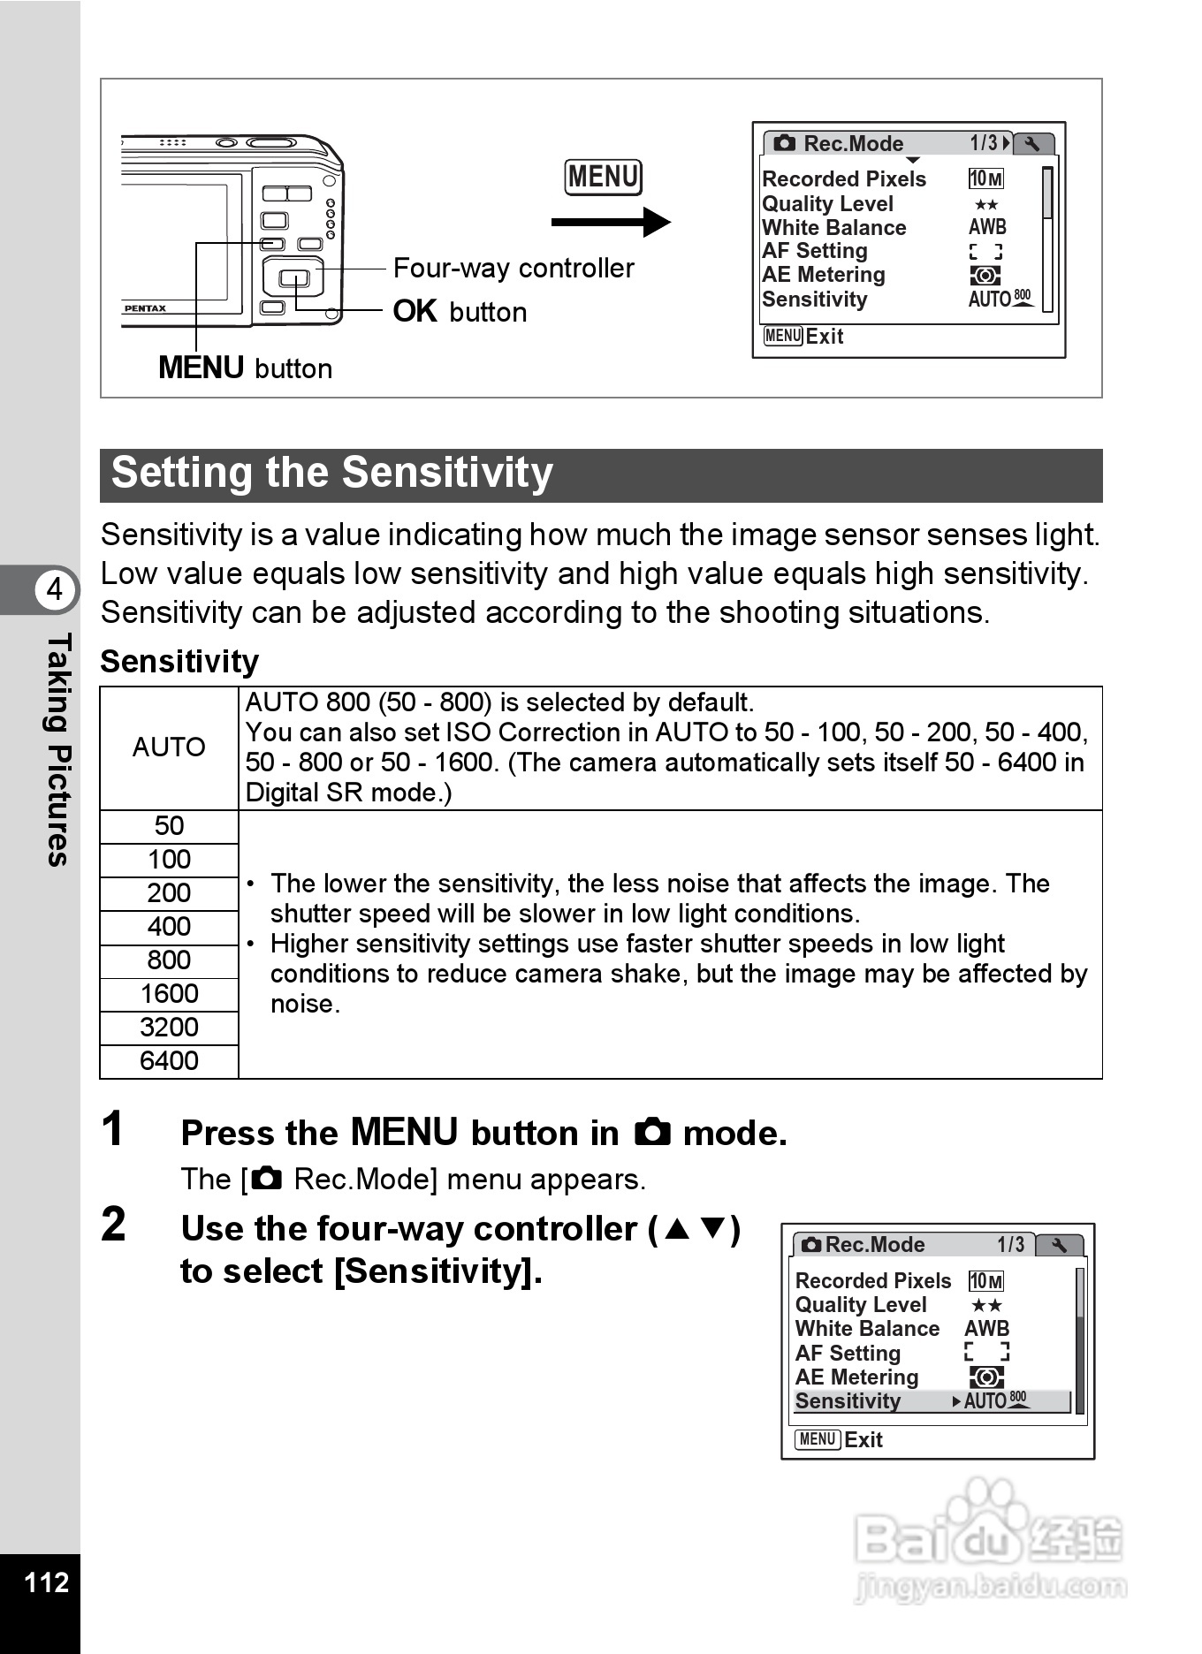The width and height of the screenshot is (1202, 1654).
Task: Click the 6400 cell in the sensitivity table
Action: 169,1061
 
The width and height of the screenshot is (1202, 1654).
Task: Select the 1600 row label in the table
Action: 169,994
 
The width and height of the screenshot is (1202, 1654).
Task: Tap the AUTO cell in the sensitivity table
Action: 169,747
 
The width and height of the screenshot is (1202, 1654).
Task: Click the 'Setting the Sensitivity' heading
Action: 332,474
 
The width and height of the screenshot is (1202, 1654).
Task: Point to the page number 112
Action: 46,1582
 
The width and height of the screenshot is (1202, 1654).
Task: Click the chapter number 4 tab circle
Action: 55,588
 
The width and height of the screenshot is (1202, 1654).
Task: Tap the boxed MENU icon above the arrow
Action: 604,177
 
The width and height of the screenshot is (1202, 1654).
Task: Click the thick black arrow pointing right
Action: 610,223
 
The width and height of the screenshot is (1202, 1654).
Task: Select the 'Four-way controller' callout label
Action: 514,268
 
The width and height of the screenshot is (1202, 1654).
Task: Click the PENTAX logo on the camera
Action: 145,308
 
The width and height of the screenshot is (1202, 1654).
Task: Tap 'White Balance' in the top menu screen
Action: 834,228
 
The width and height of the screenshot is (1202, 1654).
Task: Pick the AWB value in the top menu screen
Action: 987,228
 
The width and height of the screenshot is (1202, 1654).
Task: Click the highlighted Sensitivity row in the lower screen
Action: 932,1401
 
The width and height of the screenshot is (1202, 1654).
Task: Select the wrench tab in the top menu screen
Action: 1032,144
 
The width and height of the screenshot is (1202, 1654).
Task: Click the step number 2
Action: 113,1225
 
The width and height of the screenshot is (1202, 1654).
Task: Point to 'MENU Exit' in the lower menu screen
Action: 839,1440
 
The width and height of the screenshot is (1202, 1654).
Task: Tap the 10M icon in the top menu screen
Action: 985,179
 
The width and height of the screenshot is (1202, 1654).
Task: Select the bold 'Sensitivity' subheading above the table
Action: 179,662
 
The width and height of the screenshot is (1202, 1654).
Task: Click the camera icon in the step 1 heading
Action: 652,1133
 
